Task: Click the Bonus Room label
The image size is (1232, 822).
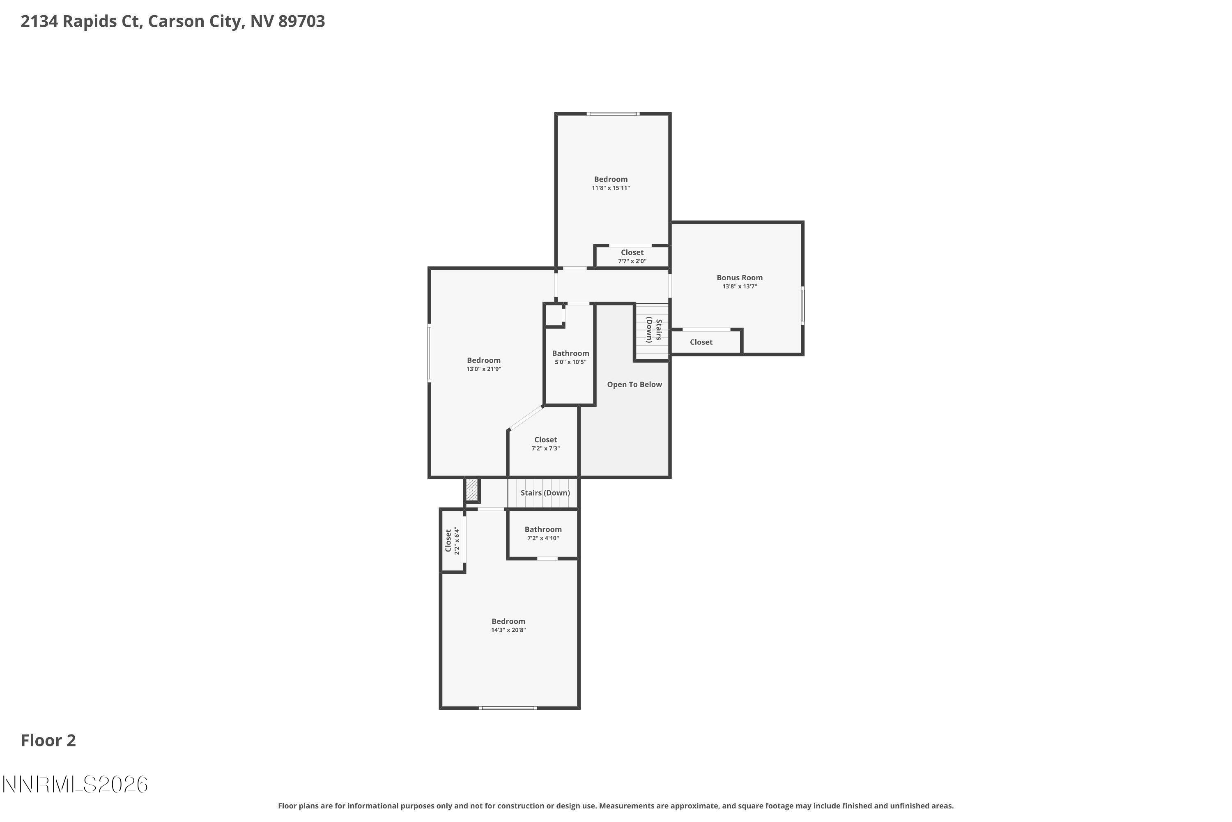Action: tap(739, 278)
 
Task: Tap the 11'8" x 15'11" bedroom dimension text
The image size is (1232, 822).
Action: tap(610, 188)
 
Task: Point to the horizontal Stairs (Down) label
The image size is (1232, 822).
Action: tap(545, 493)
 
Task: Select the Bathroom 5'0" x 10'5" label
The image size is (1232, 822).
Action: tap(570, 354)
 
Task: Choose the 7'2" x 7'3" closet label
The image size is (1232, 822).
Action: tap(545, 440)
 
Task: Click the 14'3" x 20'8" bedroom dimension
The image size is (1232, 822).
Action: tap(508, 630)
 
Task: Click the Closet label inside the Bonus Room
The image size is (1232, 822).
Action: tap(701, 342)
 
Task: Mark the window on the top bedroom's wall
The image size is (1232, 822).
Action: tap(612, 114)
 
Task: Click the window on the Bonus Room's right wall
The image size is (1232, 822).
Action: tap(802, 305)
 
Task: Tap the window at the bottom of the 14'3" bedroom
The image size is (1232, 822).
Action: tap(508, 708)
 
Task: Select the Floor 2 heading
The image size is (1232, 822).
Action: tap(48, 741)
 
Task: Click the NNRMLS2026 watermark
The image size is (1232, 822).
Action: tap(75, 785)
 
